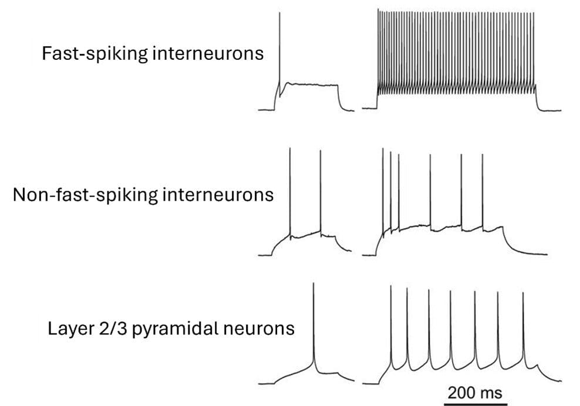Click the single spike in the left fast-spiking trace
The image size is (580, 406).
click(x=279, y=47)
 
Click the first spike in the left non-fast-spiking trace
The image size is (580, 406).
click(x=291, y=188)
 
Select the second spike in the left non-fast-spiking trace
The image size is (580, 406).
click(x=321, y=188)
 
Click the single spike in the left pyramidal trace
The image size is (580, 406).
click(x=314, y=323)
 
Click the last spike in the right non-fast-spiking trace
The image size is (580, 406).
click(x=483, y=188)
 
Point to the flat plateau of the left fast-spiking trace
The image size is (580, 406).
click(x=311, y=84)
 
